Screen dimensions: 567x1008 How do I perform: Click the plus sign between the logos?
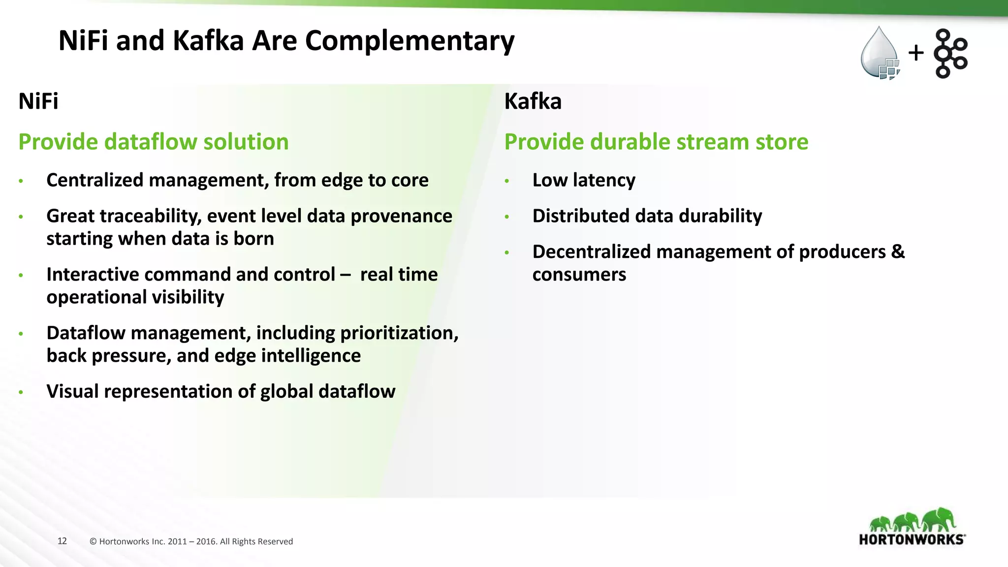point(916,53)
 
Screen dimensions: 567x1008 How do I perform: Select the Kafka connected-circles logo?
point(950,54)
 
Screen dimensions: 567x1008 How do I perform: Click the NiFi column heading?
point(38,101)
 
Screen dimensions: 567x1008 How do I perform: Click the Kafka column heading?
point(533,101)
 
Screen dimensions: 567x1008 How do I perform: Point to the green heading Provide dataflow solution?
point(154,142)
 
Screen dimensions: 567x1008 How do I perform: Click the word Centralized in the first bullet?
point(95,180)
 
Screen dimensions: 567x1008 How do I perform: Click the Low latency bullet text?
point(584,180)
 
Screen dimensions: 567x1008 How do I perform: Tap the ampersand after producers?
point(898,252)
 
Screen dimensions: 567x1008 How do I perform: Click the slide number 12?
point(62,541)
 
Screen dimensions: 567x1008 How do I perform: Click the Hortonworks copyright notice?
point(191,541)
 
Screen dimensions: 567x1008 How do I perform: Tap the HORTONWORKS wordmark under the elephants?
point(912,539)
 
